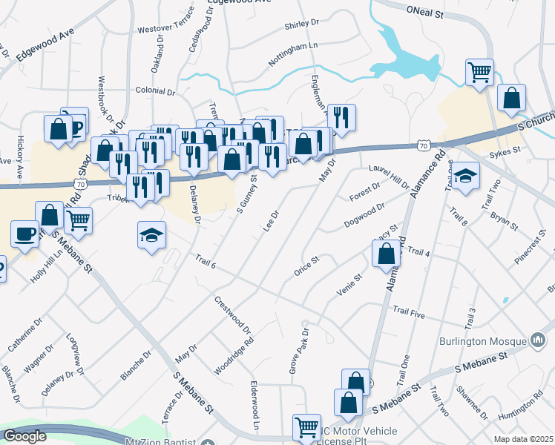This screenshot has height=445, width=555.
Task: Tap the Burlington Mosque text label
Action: [x=481, y=342]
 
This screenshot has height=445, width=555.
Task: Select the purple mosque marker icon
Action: [x=538, y=341]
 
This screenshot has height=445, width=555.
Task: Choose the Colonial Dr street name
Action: [x=155, y=92]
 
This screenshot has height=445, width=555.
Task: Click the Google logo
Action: [x=24, y=435]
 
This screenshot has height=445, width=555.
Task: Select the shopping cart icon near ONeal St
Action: [x=480, y=72]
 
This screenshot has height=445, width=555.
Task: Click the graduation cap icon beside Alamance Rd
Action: [x=465, y=176]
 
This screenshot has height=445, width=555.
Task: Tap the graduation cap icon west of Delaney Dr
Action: [x=151, y=235]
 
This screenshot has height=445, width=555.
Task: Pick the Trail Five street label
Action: [x=408, y=312]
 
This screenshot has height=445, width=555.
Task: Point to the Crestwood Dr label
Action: [x=233, y=314]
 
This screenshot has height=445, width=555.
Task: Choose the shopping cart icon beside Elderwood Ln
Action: [x=306, y=426]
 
